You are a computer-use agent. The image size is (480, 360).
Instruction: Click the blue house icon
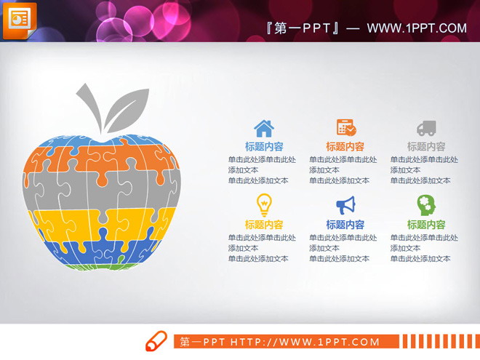[x=264, y=128]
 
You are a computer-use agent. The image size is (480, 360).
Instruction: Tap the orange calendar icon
[x=345, y=128]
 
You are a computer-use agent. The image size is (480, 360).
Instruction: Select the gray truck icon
[x=426, y=128]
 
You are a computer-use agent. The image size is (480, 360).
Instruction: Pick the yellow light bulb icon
[x=264, y=204]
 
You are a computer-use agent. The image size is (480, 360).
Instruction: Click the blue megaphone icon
[x=345, y=204]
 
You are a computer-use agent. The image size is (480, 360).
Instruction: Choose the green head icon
[x=426, y=204]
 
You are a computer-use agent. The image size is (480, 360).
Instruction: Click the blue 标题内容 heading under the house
[x=264, y=146]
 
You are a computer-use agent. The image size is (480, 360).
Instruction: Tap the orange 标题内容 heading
[x=345, y=146]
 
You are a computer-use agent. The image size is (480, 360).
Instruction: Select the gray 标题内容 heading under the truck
[x=426, y=146]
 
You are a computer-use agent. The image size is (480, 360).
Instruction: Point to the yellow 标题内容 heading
[x=264, y=225]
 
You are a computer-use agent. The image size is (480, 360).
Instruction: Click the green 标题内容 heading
[x=426, y=225]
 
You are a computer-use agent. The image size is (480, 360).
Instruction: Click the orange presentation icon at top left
[x=19, y=20]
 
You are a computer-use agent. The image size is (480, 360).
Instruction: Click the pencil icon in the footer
[x=156, y=341]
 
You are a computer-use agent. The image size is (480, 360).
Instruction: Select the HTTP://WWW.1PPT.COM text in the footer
[x=305, y=342]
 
